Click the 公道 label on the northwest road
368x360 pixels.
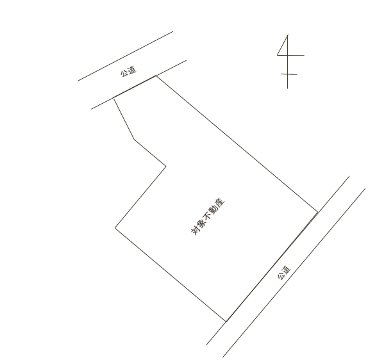[128, 71]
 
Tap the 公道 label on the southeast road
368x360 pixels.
[284, 273]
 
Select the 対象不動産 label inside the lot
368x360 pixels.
[208, 217]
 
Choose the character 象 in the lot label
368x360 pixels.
[201, 224]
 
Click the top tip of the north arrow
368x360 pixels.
[288, 35]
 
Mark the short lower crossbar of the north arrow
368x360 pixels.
[289, 74]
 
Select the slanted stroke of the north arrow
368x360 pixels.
[282, 45]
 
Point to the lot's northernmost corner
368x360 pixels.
[156, 76]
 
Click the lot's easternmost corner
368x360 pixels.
[318, 212]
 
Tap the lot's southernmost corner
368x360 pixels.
[226, 322]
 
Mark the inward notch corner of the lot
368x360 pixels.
[166, 167]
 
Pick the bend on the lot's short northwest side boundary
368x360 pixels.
[134, 140]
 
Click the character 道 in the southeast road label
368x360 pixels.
[287, 270]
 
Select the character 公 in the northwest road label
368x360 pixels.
[124, 73]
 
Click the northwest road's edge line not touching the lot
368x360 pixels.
[125, 56]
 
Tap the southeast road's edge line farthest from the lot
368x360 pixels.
[294, 273]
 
